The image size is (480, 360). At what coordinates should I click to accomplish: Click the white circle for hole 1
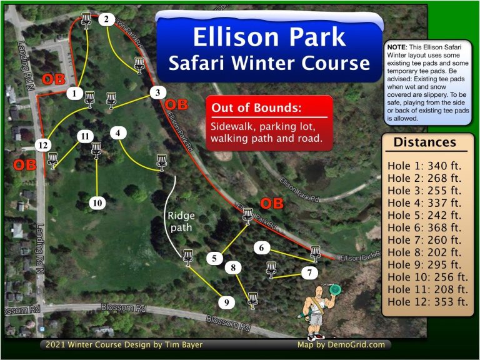coord(75,94)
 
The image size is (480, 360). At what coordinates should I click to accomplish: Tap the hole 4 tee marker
coord(118,132)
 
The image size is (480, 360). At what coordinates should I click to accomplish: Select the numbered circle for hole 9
coord(226,303)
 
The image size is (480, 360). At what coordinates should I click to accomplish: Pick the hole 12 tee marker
coord(42,145)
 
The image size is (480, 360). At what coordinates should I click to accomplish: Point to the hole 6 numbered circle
coord(262,248)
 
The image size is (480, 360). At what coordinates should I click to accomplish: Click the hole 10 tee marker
coord(97,202)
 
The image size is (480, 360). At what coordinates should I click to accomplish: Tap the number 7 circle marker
coord(309,273)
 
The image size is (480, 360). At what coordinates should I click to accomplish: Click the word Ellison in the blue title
coord(230,37)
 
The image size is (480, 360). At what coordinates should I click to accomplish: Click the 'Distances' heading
coord(424,142)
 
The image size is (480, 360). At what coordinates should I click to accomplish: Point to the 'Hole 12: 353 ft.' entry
coord(427,302)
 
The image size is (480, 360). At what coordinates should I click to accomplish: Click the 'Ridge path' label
coord(179,221)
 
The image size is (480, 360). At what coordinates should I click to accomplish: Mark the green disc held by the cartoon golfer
coord(335,289)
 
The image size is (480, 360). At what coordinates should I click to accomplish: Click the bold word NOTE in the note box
coord(396,47)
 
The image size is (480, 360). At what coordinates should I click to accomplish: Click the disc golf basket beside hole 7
coord(271,269)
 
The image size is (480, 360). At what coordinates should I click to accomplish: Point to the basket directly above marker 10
coord(96,149)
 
